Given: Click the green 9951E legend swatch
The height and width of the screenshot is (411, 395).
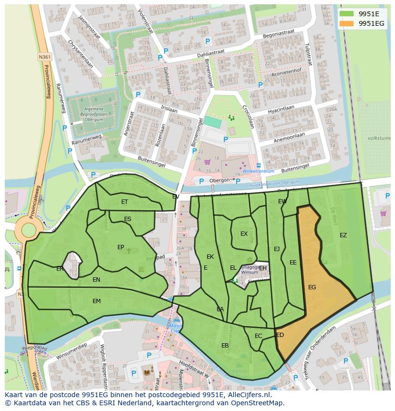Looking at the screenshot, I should (346, 13).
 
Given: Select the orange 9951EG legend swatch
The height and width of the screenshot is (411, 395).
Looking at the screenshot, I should (346, 23).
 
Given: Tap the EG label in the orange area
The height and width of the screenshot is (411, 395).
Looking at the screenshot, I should (312, 287).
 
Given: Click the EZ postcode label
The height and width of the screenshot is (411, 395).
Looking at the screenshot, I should (343, 235).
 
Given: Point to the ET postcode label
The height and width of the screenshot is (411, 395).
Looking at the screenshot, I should (125, 202).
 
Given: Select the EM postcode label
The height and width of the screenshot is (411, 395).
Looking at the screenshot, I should (97, 301).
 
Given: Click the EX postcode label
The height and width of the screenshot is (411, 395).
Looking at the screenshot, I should (244, 234).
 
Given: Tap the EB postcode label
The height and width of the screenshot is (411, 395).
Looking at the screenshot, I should (225, 345).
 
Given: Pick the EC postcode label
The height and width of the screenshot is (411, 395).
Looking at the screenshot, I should (258, 336).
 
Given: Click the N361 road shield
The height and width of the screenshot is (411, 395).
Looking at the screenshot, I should (44, 57).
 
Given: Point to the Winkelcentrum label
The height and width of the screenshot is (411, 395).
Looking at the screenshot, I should (258, 171).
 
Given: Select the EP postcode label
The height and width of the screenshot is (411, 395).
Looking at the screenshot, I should (121, 247).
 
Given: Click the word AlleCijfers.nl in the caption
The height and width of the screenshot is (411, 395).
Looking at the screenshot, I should (248, 395).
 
